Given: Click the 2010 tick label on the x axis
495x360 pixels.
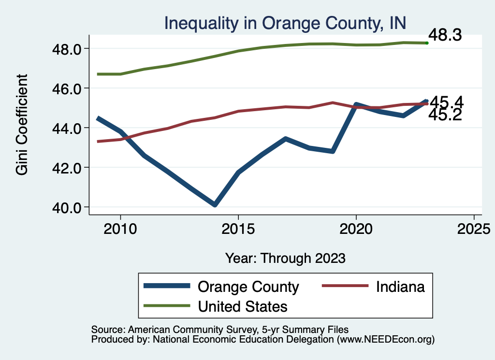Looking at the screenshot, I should (120, 228).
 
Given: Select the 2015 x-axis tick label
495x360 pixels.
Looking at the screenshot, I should (238, 228).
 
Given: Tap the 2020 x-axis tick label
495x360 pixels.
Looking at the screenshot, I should (356, 228).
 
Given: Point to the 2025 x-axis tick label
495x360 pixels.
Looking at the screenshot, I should (474, 228).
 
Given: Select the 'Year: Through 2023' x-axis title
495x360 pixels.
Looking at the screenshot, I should (285, 258).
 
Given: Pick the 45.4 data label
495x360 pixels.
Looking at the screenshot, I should (447, 102).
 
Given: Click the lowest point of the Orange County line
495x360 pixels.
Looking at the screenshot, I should (215, 205).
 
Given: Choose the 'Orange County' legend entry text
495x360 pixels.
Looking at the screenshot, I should (248, 287).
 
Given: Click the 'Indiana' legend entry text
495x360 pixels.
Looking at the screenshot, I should (400, 287).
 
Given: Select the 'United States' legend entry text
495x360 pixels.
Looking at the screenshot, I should (243, 306).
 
